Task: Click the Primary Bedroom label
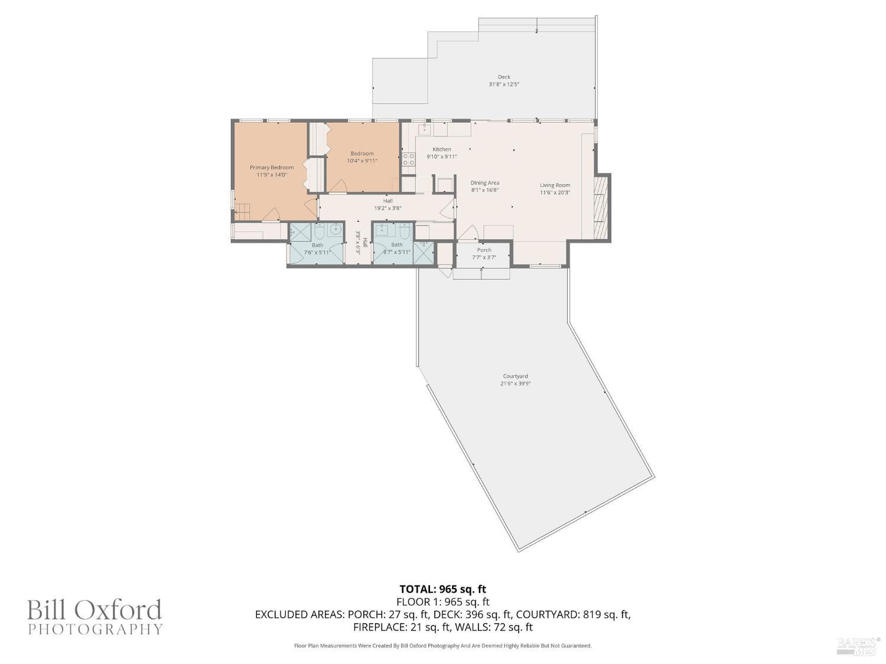click(x=271, y=168)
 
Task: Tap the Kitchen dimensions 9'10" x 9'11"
click(x=442, y=157)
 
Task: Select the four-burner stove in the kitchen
click(x=408, y=158)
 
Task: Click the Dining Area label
click(x=484, y=183)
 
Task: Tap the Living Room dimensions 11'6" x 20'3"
click(x=555, y=192)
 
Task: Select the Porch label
click(x=484, y=250)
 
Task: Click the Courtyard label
click(x=515, y=377)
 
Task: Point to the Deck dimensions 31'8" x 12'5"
click(x=503, y=84)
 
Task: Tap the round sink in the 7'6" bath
click(x=335, y=231)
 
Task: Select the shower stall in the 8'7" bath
click(x=424, y=252)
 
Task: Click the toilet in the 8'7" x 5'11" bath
click(x=405, y=231)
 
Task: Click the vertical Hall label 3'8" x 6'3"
click(x=361, y=242)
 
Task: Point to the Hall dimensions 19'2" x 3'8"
click(x=387, y=208)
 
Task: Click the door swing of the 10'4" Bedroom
click(x=337, y=187)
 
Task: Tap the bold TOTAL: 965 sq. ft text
click(x=442, y=589)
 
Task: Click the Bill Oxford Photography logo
click(x=95, y=617)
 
